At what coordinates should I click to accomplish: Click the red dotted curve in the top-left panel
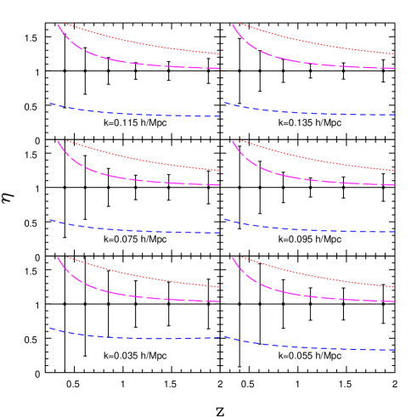[136, 42]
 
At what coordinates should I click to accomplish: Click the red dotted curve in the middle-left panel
[136, 158]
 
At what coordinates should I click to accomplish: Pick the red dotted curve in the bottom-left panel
[136, 275]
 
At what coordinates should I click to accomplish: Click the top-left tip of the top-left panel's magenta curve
[58, 25]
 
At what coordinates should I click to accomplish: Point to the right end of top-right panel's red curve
[394, 54]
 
